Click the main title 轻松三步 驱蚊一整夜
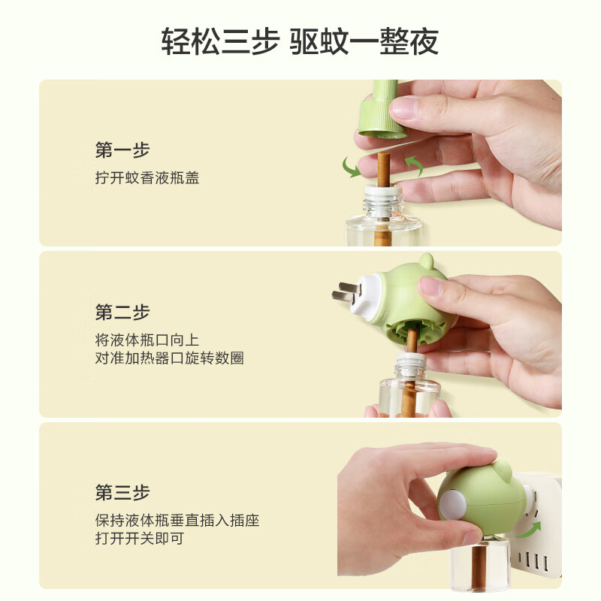point(300,41)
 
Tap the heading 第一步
point(122,150)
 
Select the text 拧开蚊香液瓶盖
point(147,179)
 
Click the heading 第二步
point(122,312)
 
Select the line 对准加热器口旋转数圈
point(169,358)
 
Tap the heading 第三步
point(122,493)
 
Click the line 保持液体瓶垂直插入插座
point(177,520)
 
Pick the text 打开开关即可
point(140,538)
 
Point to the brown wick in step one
point(384,169)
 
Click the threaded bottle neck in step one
point(383,201)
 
